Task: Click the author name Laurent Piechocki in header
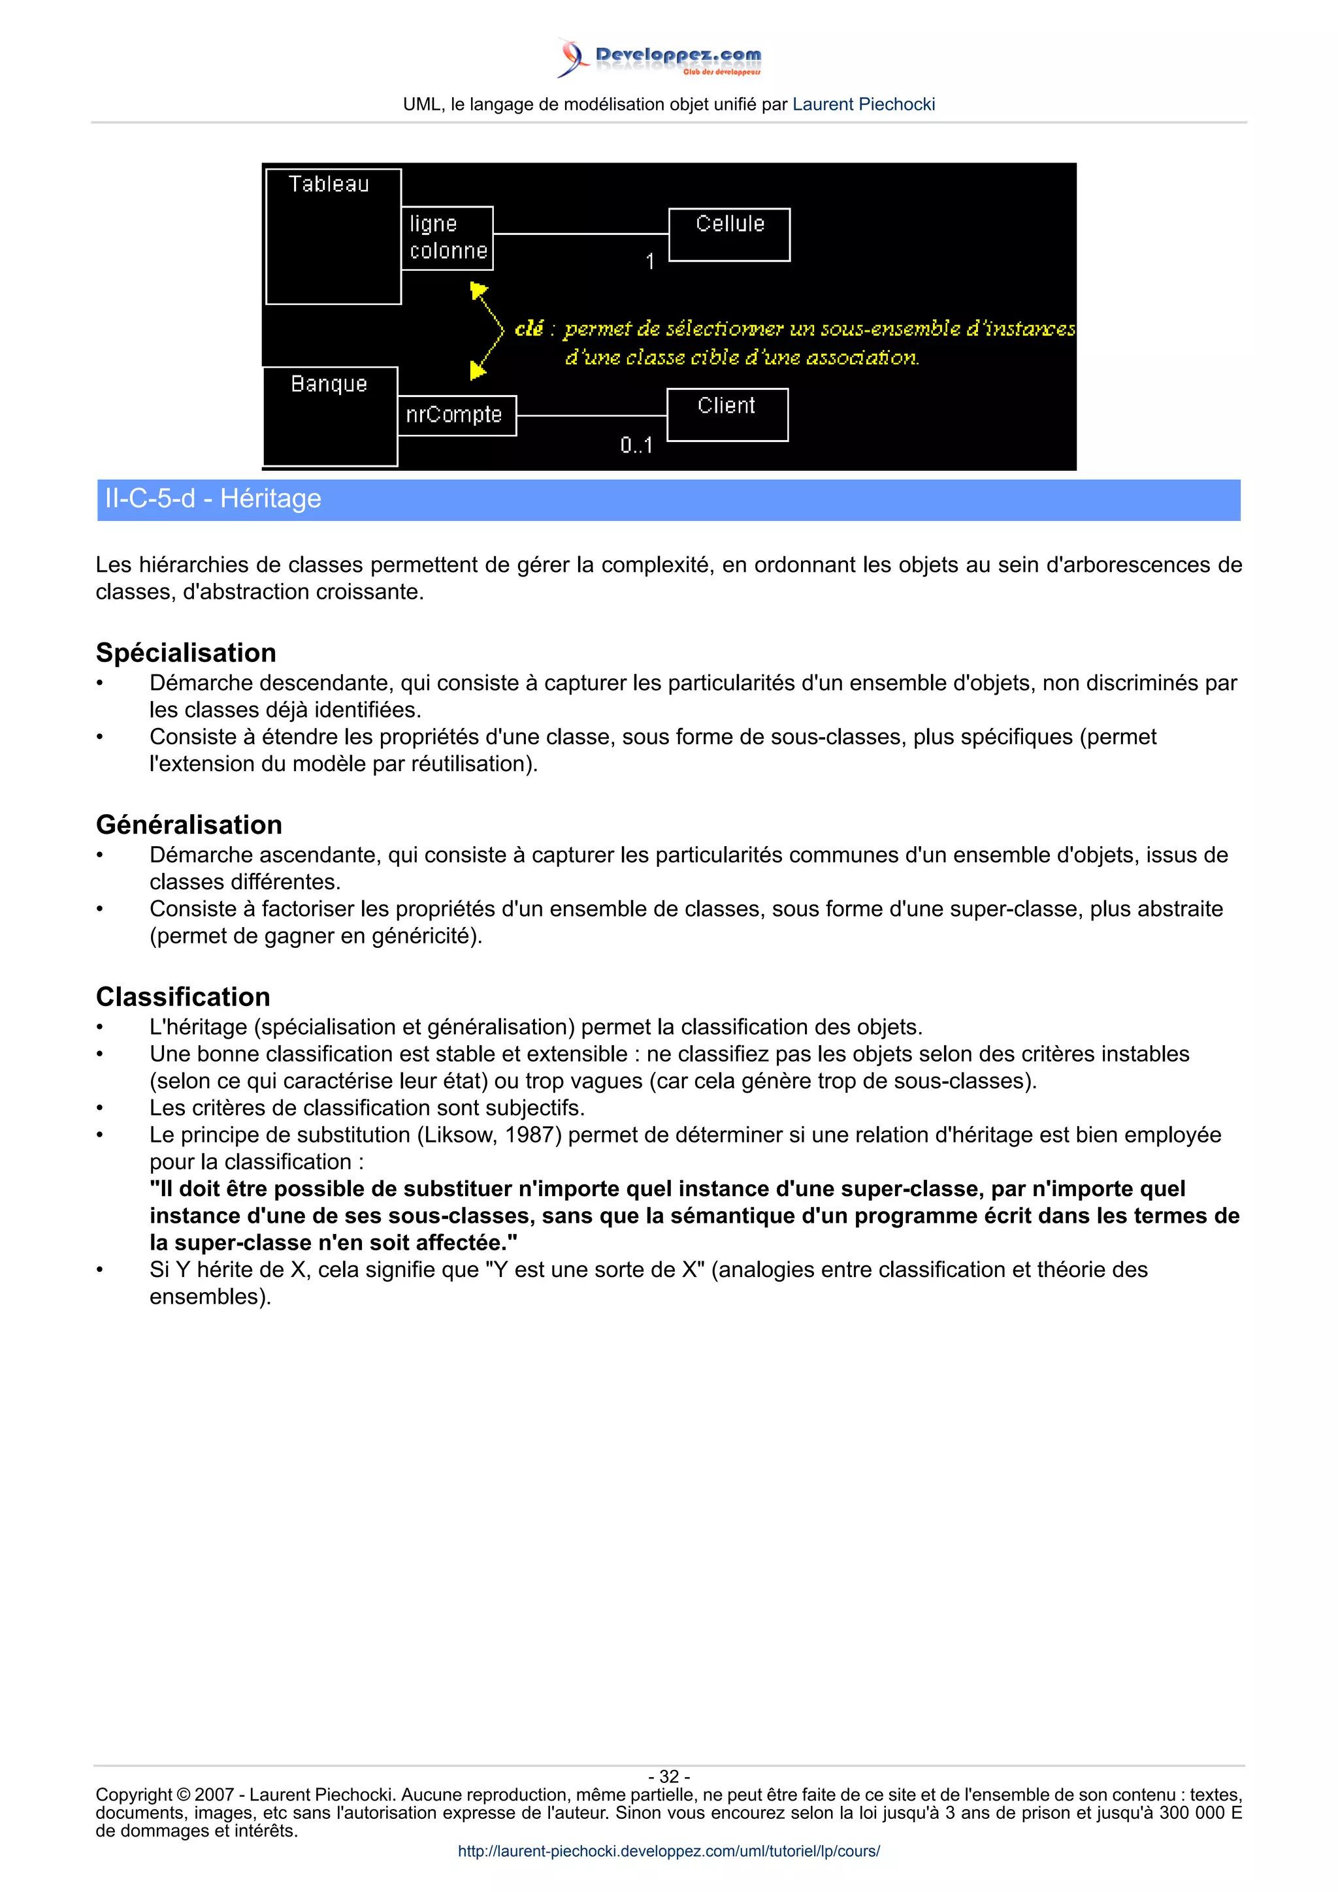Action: point(863,104)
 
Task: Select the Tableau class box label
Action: point(328,183)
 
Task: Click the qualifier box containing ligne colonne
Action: point(448,238)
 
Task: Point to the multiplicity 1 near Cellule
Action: point(649,262)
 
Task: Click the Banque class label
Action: point(328,384)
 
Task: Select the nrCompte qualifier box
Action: point(455,415)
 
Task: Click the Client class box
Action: point(726,415)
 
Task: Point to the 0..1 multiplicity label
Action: point(636,446)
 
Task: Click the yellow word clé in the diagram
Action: point(529,329)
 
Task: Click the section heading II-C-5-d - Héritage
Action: point(213,499)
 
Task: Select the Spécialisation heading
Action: point(186,653)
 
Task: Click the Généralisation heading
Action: point(189,825)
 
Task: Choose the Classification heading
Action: point(183,997)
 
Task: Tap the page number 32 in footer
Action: point(668,1776)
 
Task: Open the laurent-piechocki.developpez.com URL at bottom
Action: point(668,1851)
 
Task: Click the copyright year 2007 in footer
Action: point(214,1795)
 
